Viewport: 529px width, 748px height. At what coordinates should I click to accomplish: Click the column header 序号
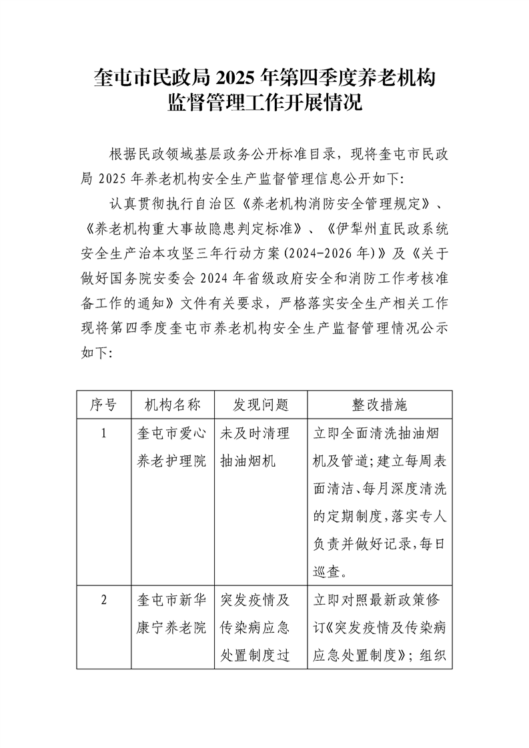pos(103,405)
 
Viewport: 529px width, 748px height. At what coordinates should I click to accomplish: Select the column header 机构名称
pos(173,405)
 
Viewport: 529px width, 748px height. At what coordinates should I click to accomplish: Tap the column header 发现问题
pos(260,405)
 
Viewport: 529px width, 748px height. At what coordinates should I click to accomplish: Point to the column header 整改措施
pos(380,405)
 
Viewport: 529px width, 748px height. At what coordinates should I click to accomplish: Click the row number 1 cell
pos(103,434)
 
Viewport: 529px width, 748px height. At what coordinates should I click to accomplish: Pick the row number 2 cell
pos(103,599)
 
